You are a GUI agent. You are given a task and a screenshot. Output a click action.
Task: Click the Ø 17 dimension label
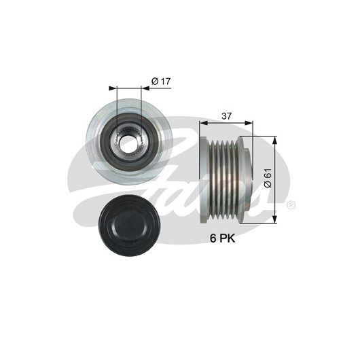pyautogui.click(x=161, y=81)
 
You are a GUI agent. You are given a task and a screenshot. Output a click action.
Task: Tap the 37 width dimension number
pyautogui.click(x=226, y=116)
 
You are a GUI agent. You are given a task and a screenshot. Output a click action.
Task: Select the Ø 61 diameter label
pyautogui.click(x=268, y=178)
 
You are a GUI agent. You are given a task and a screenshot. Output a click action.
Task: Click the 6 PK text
pyautogui.click(x=223, y=238)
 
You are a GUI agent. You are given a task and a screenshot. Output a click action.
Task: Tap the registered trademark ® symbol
pyautogui.click(x=291, y=205)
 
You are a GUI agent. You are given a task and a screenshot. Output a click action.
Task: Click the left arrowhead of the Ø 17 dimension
pyautogui.click(x=113, y=88)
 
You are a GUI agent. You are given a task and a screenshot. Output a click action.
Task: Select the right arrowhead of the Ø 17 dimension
pyautogui.click(x=145, y=88)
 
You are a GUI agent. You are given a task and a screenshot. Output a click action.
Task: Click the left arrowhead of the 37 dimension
pyautogui.click(x=204, y=123)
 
